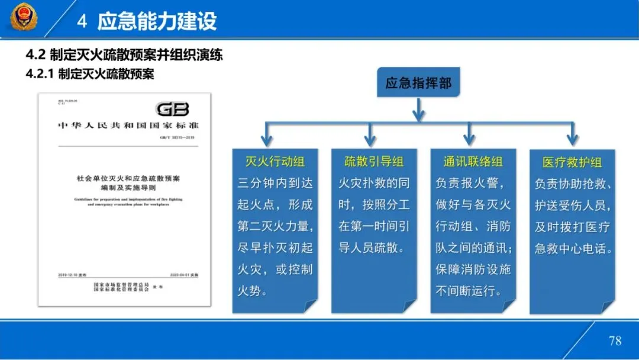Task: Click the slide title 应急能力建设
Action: click(x=157, y=21)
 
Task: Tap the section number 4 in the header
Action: click(x=83, y=22)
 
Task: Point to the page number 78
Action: click(x=615, y=340)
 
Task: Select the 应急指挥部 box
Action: click(x=418, y=83)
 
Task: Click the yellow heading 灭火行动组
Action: click(x=275, y=162)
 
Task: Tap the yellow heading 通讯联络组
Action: click(x=473, y=162)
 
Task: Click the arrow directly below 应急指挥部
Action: click(x=419, y=110)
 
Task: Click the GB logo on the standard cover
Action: click(x=173, y=109)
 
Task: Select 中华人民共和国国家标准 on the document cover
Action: click(x=128, y=126)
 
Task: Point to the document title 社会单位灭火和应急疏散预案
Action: click(x=128, y=178)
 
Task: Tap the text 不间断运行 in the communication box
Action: click(x=468, y=291)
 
